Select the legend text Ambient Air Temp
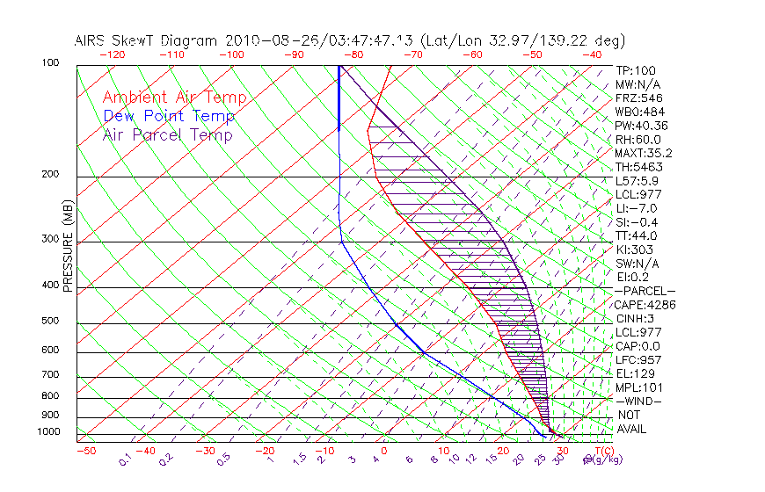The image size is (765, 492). pos(175,98)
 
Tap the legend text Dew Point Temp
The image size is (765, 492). pos(169,116)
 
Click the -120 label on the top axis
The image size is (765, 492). pos(112,54)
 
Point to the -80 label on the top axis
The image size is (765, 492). pos(353,54)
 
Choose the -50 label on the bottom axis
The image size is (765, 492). pos(85,451)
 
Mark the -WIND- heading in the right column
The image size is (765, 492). pos(638,401)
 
